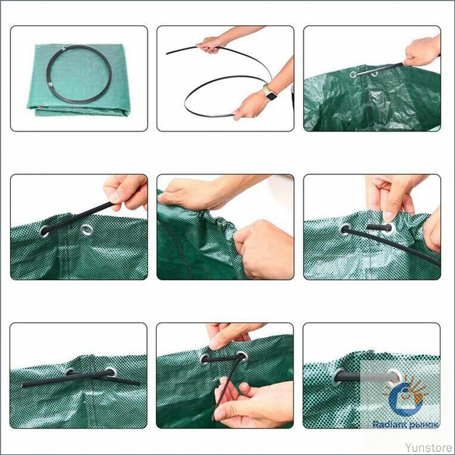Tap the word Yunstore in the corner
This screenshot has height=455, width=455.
tap(428, 446)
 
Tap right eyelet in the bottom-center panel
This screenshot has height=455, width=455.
tap(242, 356)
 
